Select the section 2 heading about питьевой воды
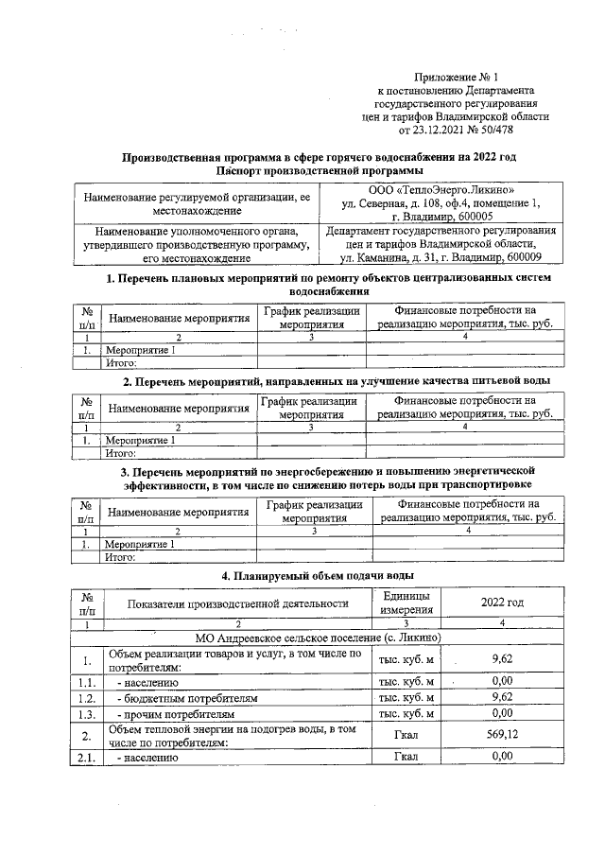tap(338, 380)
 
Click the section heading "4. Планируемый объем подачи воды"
tap(317, 576)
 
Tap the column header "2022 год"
tap(502, 603)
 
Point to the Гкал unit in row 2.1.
tap(406, 756)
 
